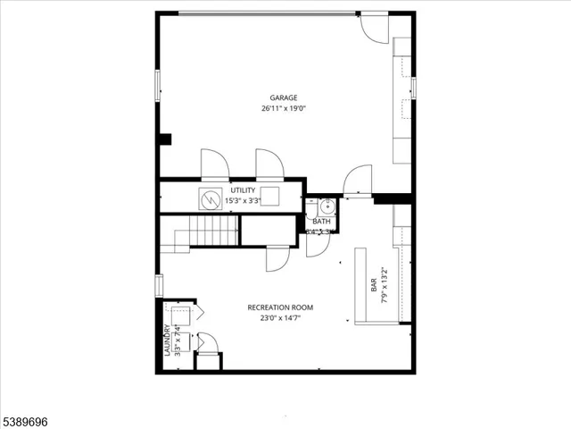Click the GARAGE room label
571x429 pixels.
284,98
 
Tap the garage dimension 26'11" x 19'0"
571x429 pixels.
284,109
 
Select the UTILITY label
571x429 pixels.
243,190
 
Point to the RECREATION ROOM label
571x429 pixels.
280,307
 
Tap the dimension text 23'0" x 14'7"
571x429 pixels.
280,318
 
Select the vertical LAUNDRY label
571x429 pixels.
167,340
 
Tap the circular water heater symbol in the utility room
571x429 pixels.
211,199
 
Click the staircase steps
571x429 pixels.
213,232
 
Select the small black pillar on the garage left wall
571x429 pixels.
164,139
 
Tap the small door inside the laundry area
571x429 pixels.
207,343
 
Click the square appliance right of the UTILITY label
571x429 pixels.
270,198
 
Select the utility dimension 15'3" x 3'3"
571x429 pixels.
243,201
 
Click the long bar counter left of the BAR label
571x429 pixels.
364,286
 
